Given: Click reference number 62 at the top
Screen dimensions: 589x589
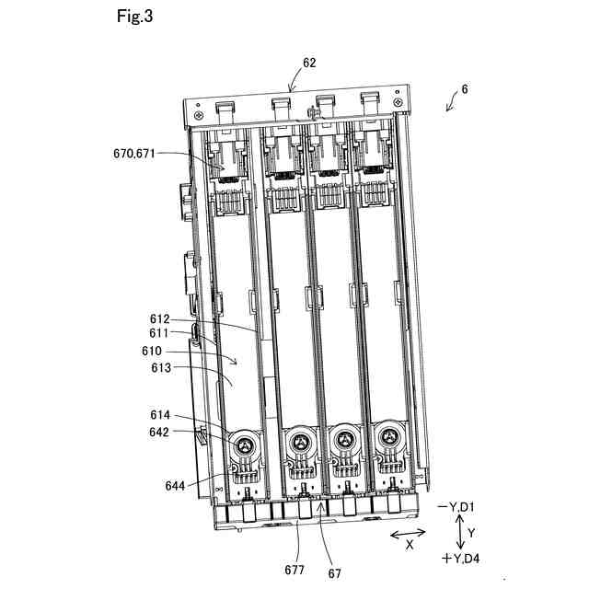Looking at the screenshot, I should (x=309, y=64).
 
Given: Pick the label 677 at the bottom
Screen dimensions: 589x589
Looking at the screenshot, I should (x=294, y=571).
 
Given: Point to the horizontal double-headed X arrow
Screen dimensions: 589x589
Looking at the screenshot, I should (x=408, y=533).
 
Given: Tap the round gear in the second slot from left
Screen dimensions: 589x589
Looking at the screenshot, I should (x=300, y=444).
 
